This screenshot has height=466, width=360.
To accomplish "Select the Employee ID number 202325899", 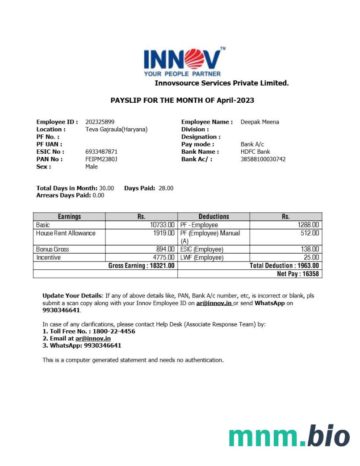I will point(100,122).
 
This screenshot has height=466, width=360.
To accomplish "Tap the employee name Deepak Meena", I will point(260,122).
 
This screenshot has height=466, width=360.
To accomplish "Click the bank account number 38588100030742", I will point(263,159).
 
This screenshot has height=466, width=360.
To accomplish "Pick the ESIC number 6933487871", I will point(101,152).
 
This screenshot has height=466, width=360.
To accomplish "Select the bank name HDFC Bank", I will point(255,152).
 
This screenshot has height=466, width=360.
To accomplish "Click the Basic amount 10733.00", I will point(162,225).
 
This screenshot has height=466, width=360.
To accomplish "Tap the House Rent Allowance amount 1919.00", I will point(163,233).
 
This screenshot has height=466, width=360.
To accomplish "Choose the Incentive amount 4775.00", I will point(163,258).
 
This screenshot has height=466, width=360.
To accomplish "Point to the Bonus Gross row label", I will point(53,249).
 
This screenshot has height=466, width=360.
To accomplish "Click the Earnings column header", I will point(69,217).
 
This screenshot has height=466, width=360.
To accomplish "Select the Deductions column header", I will point(213,217).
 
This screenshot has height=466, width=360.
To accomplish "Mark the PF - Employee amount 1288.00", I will point(308,225).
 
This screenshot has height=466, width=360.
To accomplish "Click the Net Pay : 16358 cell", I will point(297,274).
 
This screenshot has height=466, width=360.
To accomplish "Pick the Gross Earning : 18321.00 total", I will point(141,266).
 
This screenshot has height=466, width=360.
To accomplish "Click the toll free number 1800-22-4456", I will point(114,332).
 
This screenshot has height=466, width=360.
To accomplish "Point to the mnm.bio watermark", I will point(289,437).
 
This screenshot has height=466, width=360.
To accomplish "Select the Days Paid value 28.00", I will point(166,188).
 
